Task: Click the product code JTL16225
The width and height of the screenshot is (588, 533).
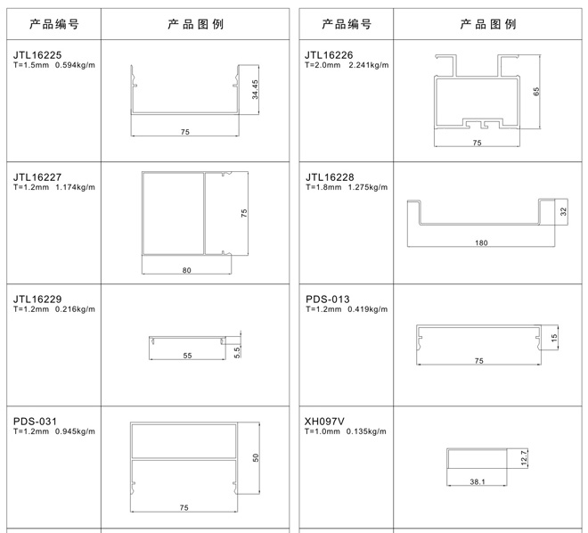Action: (x=37, y=55)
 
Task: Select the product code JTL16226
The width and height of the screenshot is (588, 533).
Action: (x=329, y=55)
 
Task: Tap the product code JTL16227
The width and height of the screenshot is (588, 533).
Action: (x=37, y=177)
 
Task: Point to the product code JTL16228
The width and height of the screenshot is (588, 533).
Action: (x=330, y=177)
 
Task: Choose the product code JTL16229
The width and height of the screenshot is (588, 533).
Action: (x=37, y=299)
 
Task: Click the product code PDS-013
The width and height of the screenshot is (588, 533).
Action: (x=327, y=299)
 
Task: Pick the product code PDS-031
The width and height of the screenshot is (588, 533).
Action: (x=35, y=422)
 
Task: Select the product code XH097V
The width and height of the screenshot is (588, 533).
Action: (x=324, y=422)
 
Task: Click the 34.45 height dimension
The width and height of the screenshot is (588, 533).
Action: (x=255, y=89)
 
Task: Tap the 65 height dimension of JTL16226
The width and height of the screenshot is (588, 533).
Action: (x=536, y=92)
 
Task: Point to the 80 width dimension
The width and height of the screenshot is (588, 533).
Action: (x=186, y=270)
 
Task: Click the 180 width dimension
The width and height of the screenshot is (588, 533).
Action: (x=481, y=242)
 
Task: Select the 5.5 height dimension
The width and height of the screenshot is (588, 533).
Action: (x=237, y=353)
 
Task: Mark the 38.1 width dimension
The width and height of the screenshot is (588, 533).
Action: (x=478, y=481)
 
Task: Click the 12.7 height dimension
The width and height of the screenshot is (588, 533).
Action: (x=524, y=457)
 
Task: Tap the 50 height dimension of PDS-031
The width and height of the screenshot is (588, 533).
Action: (x=256, y=458)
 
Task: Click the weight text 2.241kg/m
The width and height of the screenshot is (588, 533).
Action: (x=369, y=65)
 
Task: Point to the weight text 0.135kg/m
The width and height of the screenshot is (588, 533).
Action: (x=366, y=431)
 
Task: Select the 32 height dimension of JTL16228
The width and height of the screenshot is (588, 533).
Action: (x=563, y=212)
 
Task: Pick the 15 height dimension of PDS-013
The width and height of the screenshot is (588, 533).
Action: (x=554, y=338)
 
